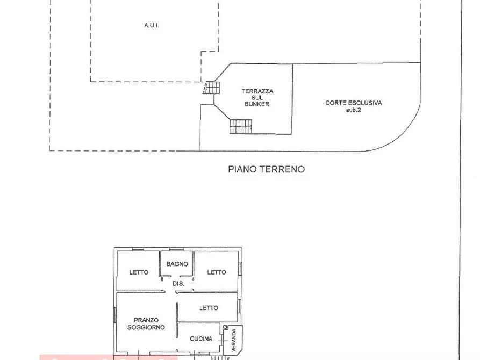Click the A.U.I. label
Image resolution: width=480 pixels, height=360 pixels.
click(x=152, y=25)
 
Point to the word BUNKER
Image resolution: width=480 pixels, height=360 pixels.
click(x=256, y=104)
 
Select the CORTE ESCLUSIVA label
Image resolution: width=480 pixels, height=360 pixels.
click(x=353, y=103)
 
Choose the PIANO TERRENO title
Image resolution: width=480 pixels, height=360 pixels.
click(x=266, y=169)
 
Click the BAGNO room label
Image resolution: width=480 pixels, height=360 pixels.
click(x=177, y=264)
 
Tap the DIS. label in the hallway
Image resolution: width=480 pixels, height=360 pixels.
click(x=178, y=283)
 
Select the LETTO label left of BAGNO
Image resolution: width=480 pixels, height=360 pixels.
click(x=139, y=272)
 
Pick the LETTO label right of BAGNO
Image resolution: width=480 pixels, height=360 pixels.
click(x=217, y=272)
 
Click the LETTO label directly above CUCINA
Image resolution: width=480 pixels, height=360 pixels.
click(x=209, y=308)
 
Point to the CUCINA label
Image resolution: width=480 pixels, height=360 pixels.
click(x=201, y=339)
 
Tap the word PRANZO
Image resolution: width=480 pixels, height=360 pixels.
click(x=147, y=320)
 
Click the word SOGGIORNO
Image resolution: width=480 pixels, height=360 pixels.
click(x=146, y=327)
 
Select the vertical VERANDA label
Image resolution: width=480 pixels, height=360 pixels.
click(x=234, y=341)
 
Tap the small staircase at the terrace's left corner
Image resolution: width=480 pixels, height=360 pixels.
click(x=211, y=87)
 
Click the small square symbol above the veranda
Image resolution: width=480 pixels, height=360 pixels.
click(x=225, y=327)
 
